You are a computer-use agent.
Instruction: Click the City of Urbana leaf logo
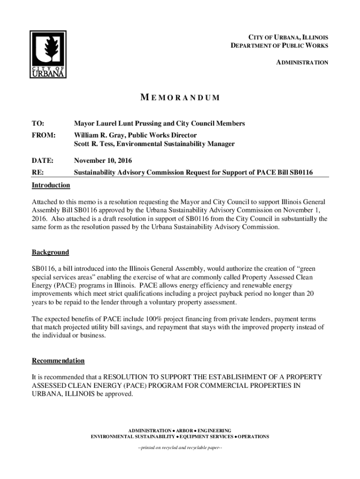(49, 54)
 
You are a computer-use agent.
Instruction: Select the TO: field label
(38, 123)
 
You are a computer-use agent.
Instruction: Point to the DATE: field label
(42, 160)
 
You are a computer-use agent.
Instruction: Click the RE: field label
(37, 173)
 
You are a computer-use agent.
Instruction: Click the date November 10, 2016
(102, 160)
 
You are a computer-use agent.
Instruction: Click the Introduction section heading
(50, 185)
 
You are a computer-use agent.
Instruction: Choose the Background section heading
(50, 252)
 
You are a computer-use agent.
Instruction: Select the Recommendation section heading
(58, 361)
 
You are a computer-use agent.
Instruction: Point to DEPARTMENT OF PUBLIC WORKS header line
(279, 45)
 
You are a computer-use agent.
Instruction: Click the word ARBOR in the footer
(184, 430)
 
